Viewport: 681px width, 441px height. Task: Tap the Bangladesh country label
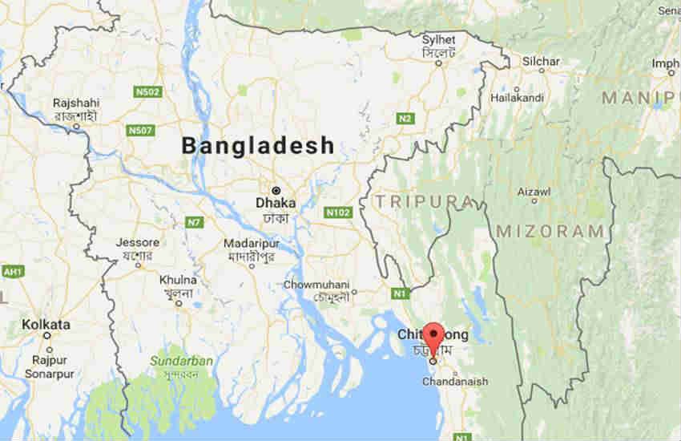click(x=257, y=146)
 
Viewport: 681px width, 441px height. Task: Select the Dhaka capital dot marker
click(x=276, y=190)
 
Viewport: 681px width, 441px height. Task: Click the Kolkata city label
click(x=46, y=325)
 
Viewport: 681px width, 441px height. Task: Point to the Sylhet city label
click(x=439, y=40)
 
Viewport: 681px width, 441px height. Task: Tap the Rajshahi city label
click(x=76, y=103)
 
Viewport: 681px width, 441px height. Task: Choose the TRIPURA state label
click(x=409, y=200)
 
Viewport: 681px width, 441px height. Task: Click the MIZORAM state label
click(x=550, y=231)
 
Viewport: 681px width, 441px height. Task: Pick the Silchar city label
click(x=541, y=61)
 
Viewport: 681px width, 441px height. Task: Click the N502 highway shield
click(x=148, y=92)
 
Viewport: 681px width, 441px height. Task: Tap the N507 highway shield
click(x=140, y=129)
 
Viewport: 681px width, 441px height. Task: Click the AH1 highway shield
click(x=11, y=272)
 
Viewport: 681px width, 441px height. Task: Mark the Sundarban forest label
click(x=183, y=361)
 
